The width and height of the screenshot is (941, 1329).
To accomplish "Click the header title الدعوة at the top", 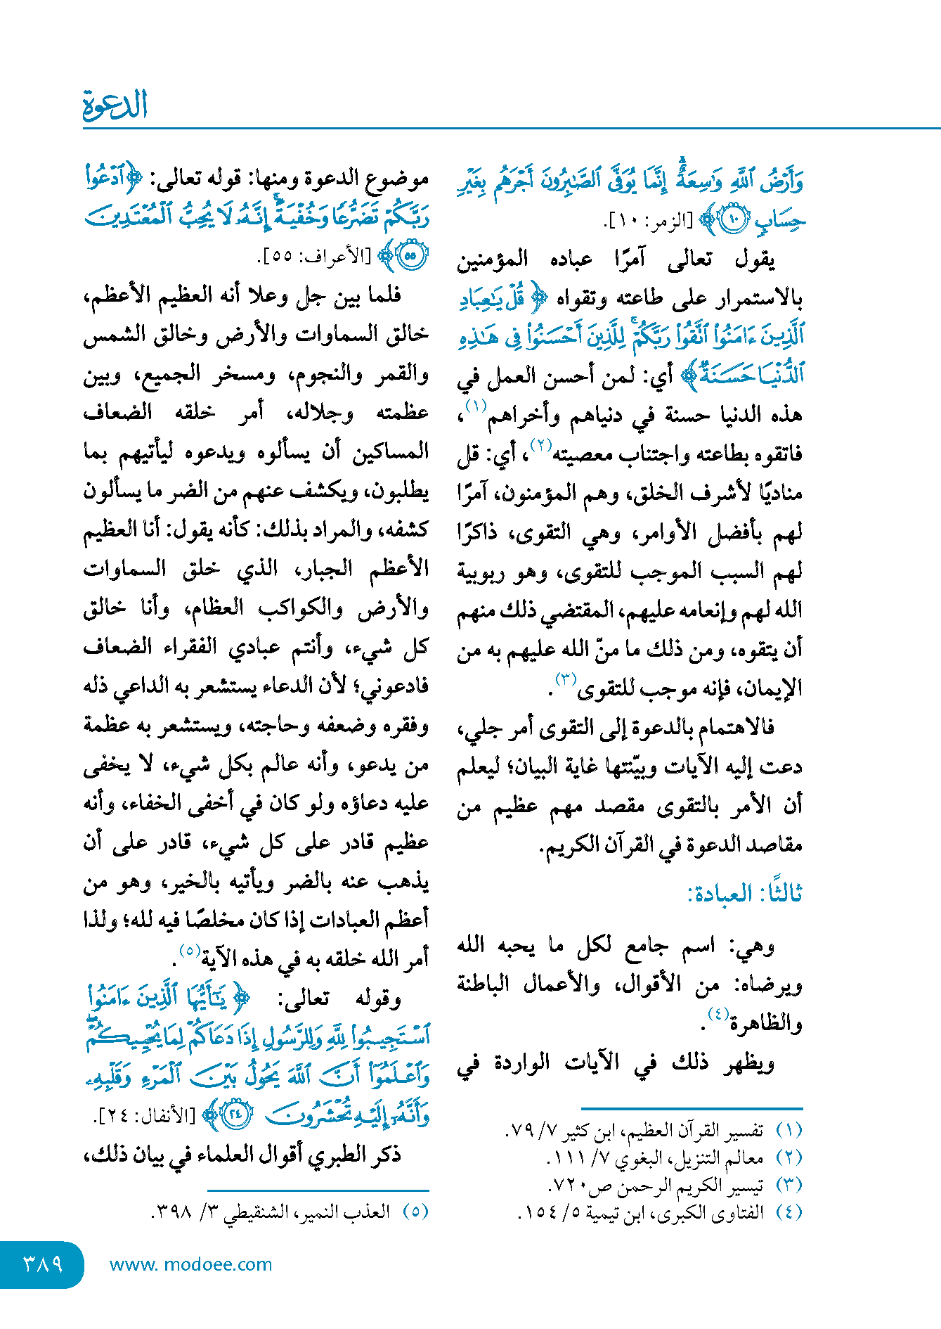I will click(115, 105).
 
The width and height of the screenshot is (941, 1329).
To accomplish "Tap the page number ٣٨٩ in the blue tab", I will click(43, 1264).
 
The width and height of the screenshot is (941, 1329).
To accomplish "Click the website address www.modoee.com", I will click(190, 1264).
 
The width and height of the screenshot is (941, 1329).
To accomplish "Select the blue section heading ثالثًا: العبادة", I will click(744, 894).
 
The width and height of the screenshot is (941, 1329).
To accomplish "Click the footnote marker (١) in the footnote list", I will click(789, 1131).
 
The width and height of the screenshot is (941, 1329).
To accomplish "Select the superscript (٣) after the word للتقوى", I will click(566, 679).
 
